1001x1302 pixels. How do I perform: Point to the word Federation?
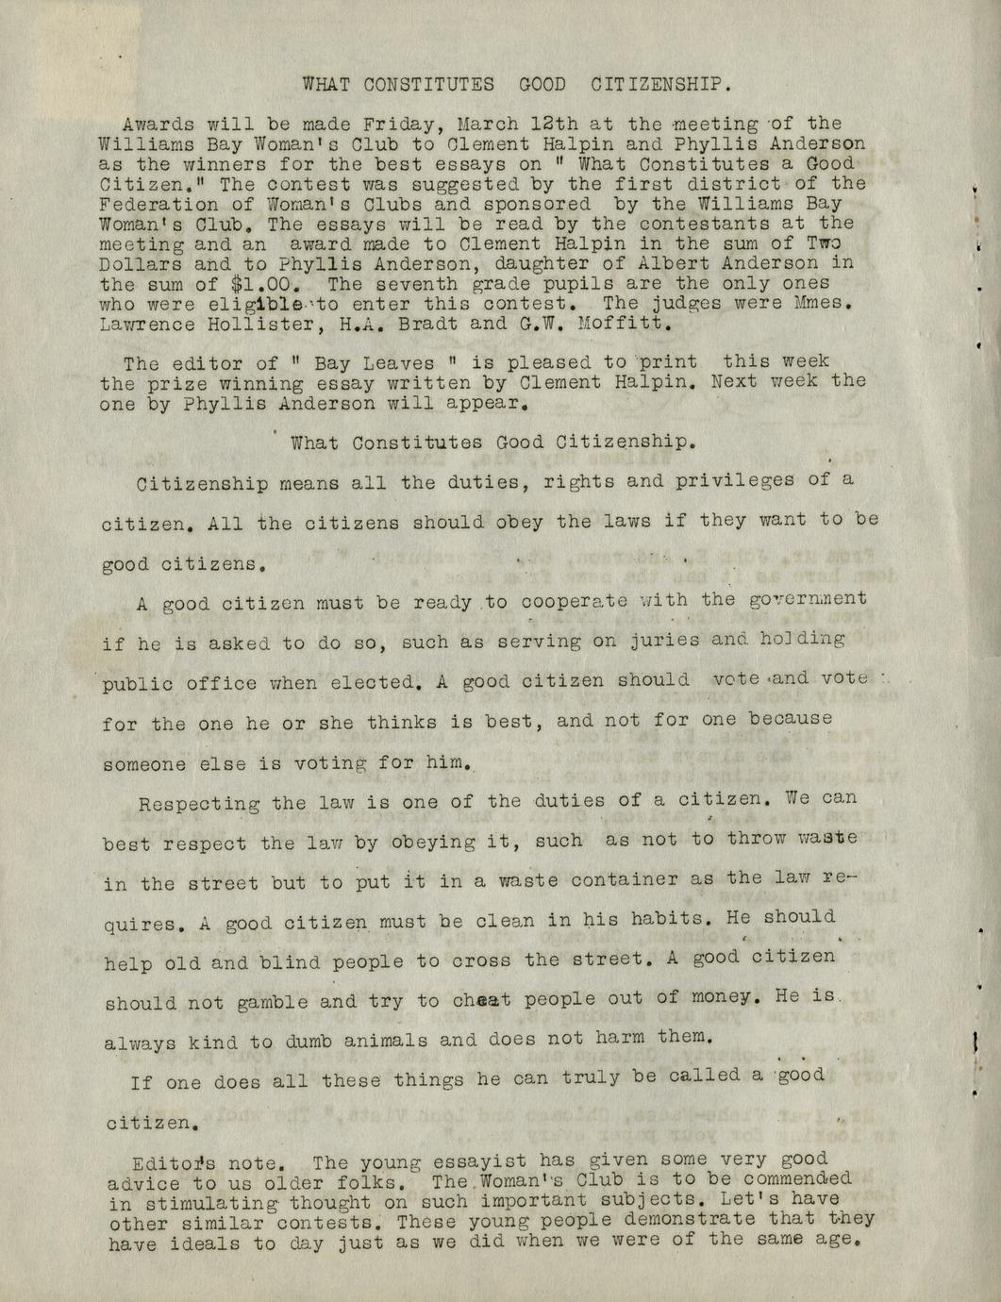(x=150, y=204)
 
